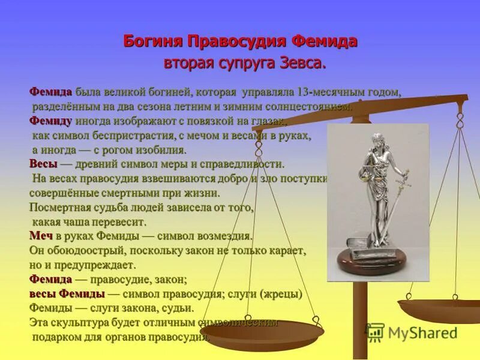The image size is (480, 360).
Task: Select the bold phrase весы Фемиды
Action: coord(67,294)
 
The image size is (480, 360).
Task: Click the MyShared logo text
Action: coord(422,333)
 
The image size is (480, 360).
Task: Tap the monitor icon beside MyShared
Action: coord(376,332)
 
